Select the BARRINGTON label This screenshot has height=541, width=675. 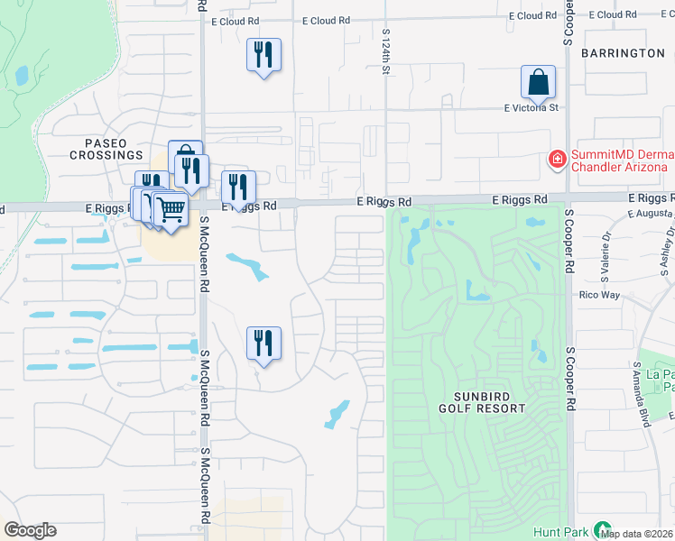point(623,53)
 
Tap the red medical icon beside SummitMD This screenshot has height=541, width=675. point(558,160)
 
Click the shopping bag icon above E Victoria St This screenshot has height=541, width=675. point(538,83)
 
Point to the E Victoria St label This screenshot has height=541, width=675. point(532,107)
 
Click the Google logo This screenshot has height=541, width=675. point(30,530)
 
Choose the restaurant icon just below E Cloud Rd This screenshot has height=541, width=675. point(264,55)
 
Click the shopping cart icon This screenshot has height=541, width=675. point(170,209)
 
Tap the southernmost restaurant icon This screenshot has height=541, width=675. point(264,344)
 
